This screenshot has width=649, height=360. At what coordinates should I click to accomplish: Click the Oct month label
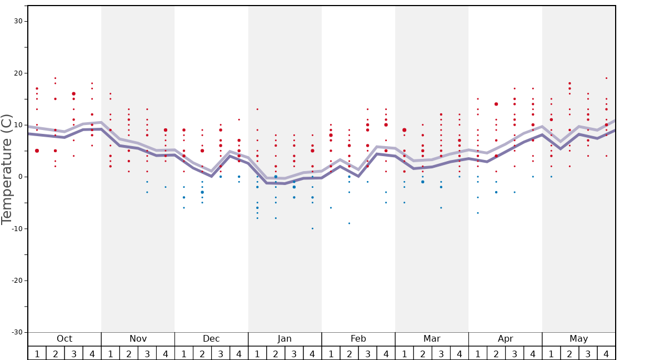point(64,339)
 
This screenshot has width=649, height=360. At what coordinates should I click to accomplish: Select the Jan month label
point(284,339)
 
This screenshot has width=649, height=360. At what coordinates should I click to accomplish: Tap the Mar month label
point(432,339)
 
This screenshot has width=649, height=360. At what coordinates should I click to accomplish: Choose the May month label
point(578,339)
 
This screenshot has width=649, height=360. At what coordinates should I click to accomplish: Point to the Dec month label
point(211,339)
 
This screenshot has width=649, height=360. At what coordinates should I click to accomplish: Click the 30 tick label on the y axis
point(18,21)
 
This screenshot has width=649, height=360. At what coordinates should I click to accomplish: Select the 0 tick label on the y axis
point(20,177)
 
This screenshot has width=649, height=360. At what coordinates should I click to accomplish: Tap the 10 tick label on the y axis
point(18,125)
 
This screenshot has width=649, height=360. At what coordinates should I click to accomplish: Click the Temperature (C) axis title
point(7,169)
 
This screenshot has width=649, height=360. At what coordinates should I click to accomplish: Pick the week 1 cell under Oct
point(37,353)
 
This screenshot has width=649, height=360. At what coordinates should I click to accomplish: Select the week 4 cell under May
point(606,353)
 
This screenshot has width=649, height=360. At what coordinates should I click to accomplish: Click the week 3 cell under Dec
point(221,353)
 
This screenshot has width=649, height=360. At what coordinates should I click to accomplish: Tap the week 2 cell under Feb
point(349,353)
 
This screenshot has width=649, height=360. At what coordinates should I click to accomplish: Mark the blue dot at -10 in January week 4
point(312,228)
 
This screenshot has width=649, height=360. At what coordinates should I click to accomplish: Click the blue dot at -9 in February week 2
point(349,223)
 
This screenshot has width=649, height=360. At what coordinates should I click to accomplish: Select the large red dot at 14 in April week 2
point(496,104)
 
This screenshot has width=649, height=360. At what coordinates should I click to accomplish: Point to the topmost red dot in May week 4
point(606,78)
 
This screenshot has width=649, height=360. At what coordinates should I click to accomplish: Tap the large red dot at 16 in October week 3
point(73,94)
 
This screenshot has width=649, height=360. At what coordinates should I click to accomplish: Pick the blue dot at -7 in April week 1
point(477,213)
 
